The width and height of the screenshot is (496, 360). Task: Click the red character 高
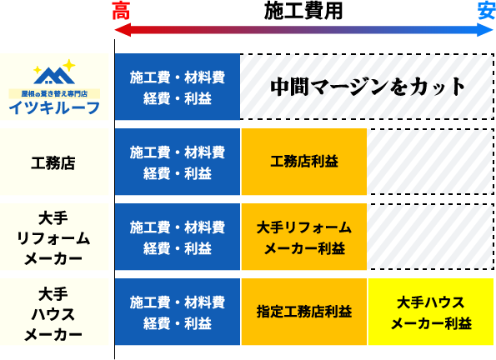coord(121,11)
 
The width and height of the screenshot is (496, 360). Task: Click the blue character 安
coord(486,11)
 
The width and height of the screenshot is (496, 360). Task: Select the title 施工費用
coord(303,11)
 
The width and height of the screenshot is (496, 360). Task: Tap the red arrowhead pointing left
coord(123,31)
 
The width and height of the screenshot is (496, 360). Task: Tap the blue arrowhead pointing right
coord(485,31)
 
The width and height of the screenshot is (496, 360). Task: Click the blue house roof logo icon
coord(54,76)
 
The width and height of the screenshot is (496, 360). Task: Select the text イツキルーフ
coord(54,107)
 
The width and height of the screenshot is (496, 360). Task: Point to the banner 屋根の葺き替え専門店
coord(54,93)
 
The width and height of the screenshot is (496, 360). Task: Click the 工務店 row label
coord(53,163)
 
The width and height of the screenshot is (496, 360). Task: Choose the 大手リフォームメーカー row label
coord(53,238)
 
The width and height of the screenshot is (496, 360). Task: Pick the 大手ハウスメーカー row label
coord(53,314)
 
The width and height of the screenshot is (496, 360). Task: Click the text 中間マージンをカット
coord(367,87)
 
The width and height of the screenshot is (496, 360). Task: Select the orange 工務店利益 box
coord(304,162)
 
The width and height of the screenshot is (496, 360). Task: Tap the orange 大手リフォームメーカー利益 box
coord(304,237)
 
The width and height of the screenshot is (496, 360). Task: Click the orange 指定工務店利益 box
coord(304,312)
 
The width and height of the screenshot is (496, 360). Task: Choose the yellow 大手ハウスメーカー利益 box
coord(431,312)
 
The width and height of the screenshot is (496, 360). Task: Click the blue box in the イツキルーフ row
coord(177,87)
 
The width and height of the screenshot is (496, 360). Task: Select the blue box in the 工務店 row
coord(177,162)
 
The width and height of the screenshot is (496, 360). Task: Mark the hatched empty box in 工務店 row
coord(431,162)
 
